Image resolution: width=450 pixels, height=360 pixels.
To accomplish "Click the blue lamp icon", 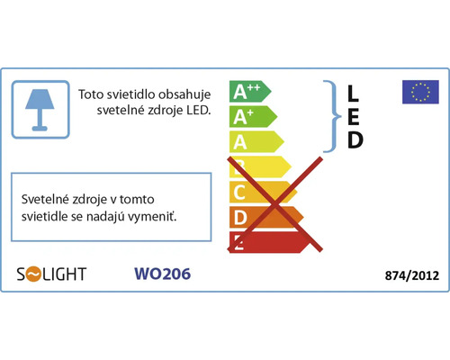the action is pos(40,110).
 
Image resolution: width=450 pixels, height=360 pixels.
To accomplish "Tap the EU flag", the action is pos(420,92).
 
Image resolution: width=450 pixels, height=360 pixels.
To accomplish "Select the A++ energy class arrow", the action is pos(250,92).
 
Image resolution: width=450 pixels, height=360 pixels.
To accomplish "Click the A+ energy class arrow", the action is pos(253,117).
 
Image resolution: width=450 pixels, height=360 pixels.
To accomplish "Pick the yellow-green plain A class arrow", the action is pos(256,141).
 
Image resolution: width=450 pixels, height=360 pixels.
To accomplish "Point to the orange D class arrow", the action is pos(266,217).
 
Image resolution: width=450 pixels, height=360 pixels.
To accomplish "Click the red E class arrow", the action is pos(269,242).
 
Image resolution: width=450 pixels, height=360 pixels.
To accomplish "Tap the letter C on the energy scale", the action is pos(239,193).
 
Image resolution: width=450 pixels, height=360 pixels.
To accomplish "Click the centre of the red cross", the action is pos(274,204).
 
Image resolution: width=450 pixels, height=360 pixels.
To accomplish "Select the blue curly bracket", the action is pos(333,116).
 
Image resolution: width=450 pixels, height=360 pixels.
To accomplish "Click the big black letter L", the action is pos(353,93).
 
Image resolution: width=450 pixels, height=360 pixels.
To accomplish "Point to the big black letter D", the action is pos(355,139).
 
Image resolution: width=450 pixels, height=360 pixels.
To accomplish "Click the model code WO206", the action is pos(162,274).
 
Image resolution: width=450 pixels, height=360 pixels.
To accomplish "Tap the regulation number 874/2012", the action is pos(412,275).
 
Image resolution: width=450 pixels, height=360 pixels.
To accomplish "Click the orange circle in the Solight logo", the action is pos(33,274).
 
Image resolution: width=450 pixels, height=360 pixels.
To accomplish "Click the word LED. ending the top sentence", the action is pos(199,110).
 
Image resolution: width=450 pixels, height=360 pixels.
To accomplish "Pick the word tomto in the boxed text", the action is pos(137,199).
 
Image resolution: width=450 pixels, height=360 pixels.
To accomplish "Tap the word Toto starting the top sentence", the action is pos(91,94).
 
